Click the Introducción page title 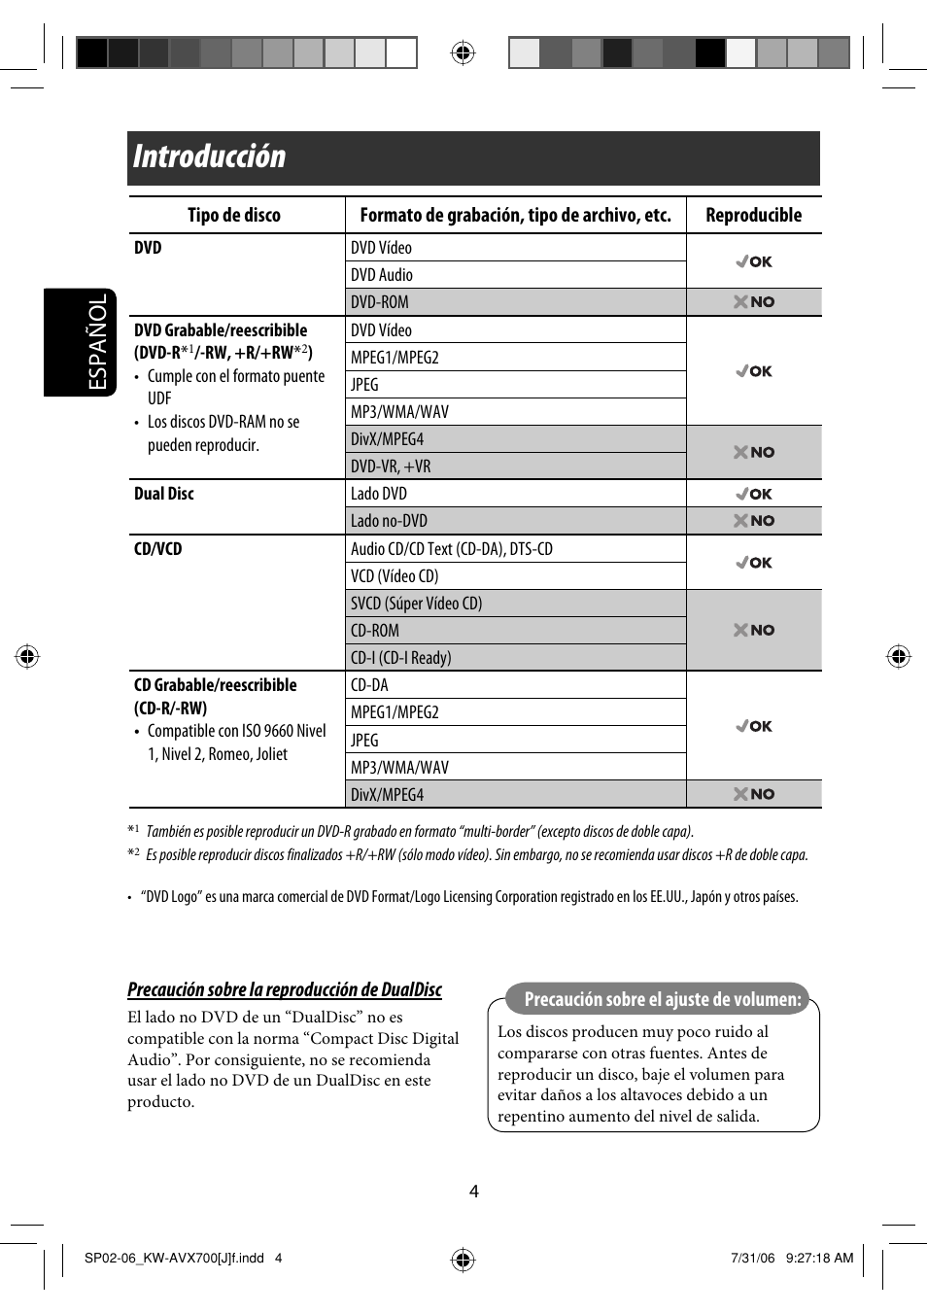coord(210,157)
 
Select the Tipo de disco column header coord(234,216)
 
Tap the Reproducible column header coord(753,216)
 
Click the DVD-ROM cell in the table coord(380,302)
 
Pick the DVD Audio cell coord(382,275)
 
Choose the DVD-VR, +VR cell coord(391,467)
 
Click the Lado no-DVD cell coord(389,521)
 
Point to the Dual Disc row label coord(164,494)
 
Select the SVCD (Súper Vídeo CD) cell coord(416,604)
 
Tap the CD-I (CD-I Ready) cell coord(400,658)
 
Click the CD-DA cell coord(369,685)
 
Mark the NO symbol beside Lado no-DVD coord(754,521)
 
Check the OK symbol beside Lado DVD coord(754,494)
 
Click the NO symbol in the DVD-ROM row coord(754,302)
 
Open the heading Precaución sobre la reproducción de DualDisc coord(285,989)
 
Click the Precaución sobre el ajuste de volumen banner coord(662,999)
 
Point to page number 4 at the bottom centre coord(474,1192)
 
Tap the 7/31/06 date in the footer coord(753,1258)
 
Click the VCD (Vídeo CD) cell coord(395,576)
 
